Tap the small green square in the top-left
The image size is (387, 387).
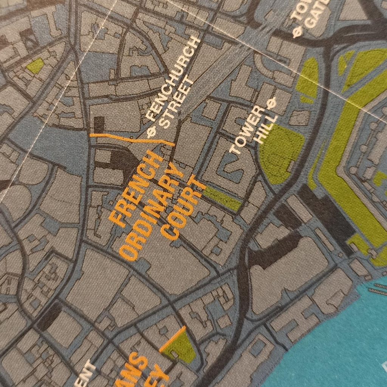(x=35, y=66)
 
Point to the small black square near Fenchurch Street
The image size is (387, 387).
(x=99, y=124)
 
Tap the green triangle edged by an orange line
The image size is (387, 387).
(x=181, y=346)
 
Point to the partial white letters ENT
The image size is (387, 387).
(x=89, y=374)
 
